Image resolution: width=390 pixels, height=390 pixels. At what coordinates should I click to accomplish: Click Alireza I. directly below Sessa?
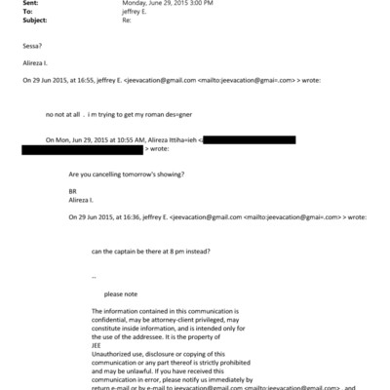click(34, 63)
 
